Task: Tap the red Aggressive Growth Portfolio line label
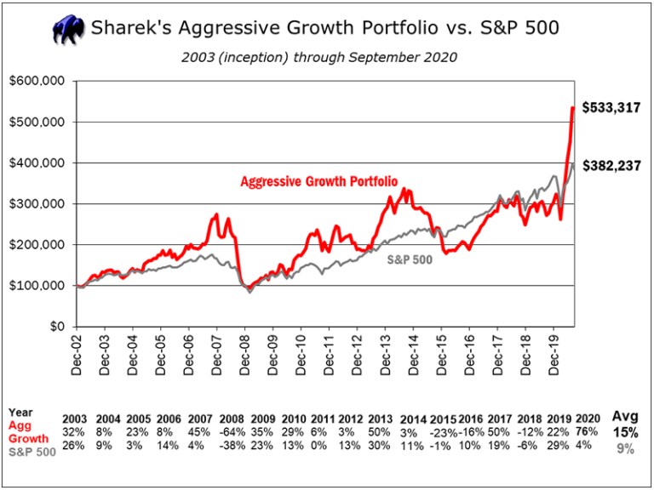click(x=313, y=181)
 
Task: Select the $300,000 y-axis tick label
click(x=38, y=204)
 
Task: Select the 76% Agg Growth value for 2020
click(x=586, y=430)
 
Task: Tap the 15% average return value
click(x=625, y=432)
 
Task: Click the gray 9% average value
click(x=626, y=449)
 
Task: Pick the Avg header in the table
click(x=625, y=417)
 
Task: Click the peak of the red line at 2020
click(x=572, y=108)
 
